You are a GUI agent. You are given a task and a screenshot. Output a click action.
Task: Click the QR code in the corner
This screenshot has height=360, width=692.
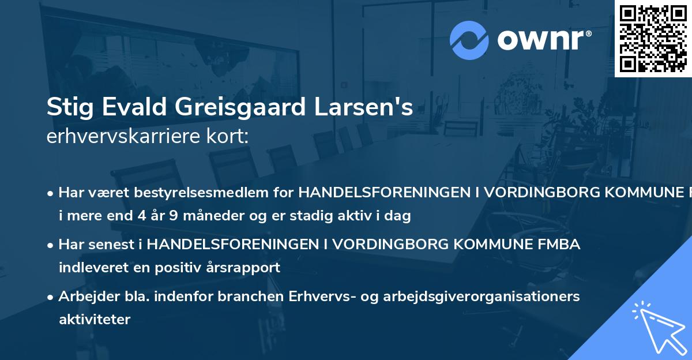pyautogui.click(x=653, y=38)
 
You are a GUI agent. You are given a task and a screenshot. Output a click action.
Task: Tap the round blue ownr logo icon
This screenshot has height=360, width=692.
pyautogui.click(x=469, y=40)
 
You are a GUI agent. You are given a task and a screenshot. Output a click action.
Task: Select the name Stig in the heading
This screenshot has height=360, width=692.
pyautogui.click(x=66, y=108)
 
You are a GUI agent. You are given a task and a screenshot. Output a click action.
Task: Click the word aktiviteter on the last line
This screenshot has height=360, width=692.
pyautogui.click(x=95, y=319)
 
